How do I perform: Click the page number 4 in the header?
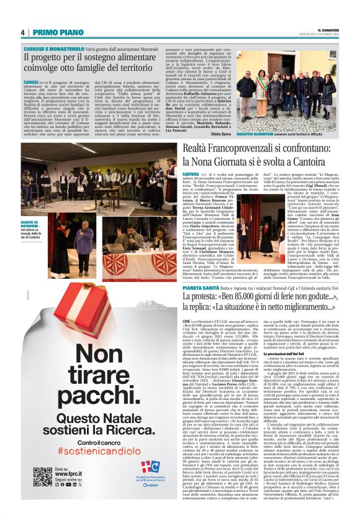[x=22, y=32]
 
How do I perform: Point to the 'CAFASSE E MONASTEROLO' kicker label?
[x=48, y=48]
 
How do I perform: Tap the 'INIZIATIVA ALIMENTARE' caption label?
[x=253, y=133]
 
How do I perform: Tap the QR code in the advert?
[x=43, y=476]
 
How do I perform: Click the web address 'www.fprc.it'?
[x=69, y=475]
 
